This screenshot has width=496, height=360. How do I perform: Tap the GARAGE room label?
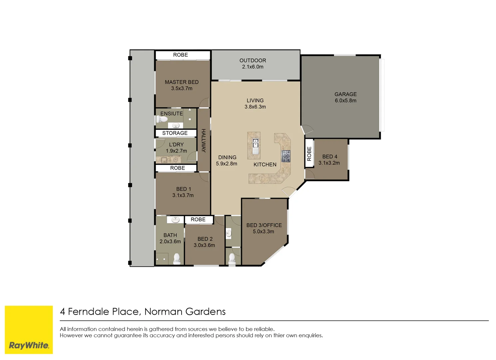coord(345,94)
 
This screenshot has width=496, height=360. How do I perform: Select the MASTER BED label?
coord(182,82)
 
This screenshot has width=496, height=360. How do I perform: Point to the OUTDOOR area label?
coord(252,60)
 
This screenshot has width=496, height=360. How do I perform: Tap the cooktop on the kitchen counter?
coord(286,156)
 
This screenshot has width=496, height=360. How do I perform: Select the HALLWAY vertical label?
coord(203,140)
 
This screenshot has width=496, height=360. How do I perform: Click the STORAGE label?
coord(175,133)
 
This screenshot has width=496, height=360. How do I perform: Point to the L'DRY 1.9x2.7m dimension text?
coord(176,151)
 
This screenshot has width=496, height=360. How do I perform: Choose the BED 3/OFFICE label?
coord(264,225)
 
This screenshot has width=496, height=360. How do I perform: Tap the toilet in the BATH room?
coord(177,258)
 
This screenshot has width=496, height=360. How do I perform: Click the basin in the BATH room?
coord(175,220)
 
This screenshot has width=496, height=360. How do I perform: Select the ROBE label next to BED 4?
coord(309,154)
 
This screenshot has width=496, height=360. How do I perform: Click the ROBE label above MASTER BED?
coord(180,55)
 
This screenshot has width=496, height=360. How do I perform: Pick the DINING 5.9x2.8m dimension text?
coord(227,164)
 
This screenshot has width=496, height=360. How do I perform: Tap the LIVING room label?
coord(255,101)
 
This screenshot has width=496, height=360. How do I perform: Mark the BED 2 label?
coord(205,239)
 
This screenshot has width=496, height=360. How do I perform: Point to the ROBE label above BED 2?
coord(198,220)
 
